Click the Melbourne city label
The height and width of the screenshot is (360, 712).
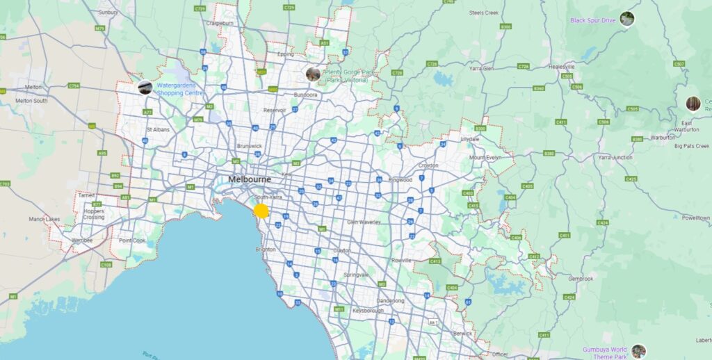tap(250, 179)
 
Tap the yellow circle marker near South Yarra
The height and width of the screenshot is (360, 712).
tap(261, 211)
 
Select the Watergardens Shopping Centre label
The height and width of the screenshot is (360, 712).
tap(179, 89)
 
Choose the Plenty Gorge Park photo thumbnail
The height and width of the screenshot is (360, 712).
tap(313, 74)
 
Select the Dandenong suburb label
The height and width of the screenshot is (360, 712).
tap(390, 301)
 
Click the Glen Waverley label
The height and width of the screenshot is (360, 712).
tap(364, 222)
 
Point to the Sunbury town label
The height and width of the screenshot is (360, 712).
tap(108, 12)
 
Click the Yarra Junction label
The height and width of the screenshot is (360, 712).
tap(612, 158)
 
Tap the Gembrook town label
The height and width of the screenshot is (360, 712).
tap(581, 279)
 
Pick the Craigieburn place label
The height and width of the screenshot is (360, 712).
tap(219, 23)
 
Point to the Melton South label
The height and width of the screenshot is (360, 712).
tap(31, 101)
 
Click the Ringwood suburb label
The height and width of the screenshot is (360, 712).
tap(400, 179)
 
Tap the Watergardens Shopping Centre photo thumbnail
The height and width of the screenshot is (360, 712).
tap(145, 87)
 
